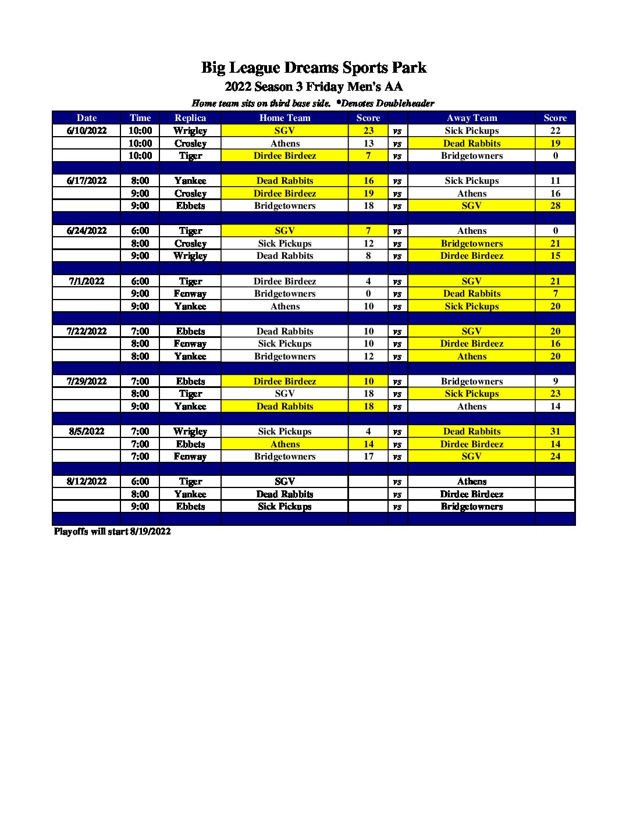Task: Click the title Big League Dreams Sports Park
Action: pyautogui.click(x=314, y=67)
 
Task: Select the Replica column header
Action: pyautogui.click(x=190, y=118)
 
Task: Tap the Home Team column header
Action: pyautogui.click(x=285, y=118)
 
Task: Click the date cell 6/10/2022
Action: pyautogui.click(x=87, y=131)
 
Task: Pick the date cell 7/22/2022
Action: pyautogui.click(x=87, y=332)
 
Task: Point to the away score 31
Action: pyautogui.click(x=555, y=432)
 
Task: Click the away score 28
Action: pyautogui.click(x=555, y=206)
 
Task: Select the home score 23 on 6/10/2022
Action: pyautogui.click(x=368, y=131)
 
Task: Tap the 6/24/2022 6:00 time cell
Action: pyautogui.click(x=140, y=231)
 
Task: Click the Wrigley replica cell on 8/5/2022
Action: pyautogui.click(x=190, y=432)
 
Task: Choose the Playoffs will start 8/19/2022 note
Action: pyautogui.click(x=112, y=532)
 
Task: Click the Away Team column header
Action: pyautogui.click(x=471, y=118)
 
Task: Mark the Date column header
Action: pyautogui.click(x=87, y=118)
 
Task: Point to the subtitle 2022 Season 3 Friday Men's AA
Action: pyautogui.click(x=314, y=87)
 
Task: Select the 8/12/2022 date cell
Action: pyautogui.click(x=87, y=482)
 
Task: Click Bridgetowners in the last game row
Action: pyautogui.click(x=471, y=507)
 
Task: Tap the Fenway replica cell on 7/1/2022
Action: pyautogui.click(x=190, y=294)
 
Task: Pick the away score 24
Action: pyautogui.click(x=555, y=457)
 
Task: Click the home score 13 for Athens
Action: pyautogui.click(x=368, y=144)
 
